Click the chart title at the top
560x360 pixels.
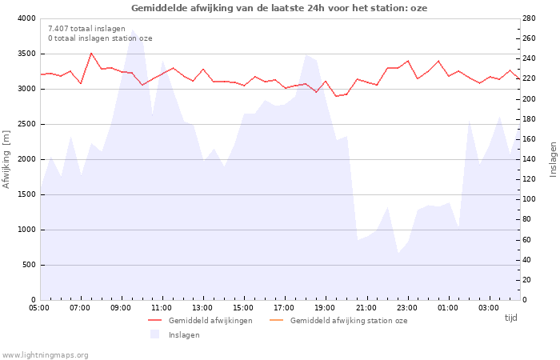pyautogui.click(x=279, y=8)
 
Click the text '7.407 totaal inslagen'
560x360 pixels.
pyautogui.click(x=86, y=28)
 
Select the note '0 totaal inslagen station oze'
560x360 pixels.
pyautogui.click(x=100, y=38)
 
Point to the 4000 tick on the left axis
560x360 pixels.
pyautogui.click(x=26, y=18)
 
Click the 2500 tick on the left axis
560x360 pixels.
pyautogui.click(x=26, y=124)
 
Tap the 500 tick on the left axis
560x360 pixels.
pyautogui.click(x=29, y=265)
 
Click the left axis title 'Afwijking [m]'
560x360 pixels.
pyautogui.click(x=7, y=159)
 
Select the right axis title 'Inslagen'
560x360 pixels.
pyautogui.click(x=552, y=159)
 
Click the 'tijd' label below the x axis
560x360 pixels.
pyautogui.click(x=510, y=318)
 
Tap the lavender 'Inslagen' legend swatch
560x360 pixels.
pyautogui.click(x=155, y=334)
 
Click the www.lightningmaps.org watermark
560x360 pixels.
pyautogui.click(x=46, y=354)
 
